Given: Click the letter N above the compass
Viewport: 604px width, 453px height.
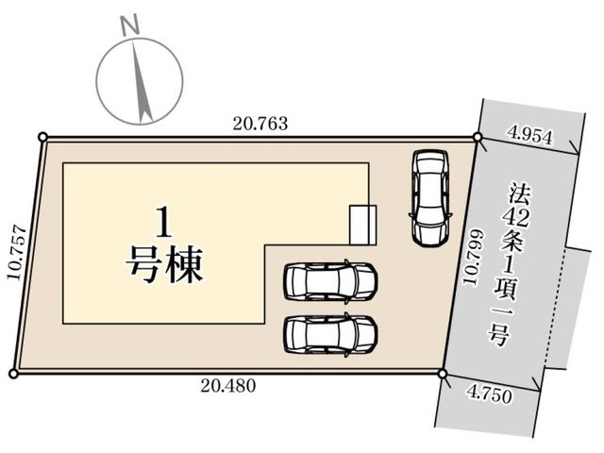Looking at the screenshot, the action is (130, 26).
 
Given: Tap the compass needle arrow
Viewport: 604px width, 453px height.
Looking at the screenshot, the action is (141, 82).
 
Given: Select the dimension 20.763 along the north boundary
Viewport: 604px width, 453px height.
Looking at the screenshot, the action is (260, 124).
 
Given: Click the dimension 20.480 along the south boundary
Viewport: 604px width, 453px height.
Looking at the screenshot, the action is (228, 386).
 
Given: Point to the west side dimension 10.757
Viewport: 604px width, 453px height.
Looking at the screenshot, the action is (17, 253).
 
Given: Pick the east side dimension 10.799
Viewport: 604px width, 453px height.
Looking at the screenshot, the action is (473, 258).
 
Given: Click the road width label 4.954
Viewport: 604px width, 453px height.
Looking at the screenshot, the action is (530, 136).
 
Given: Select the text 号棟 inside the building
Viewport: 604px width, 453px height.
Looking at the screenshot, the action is (164, 264).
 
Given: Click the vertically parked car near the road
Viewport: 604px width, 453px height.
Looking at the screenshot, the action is (430, 197).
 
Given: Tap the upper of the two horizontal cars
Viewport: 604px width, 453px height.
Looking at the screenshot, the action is (330, 281).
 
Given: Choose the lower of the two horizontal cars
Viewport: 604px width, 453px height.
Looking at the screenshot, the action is (330, 334).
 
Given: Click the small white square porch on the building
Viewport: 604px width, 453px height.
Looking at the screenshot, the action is (362, 225).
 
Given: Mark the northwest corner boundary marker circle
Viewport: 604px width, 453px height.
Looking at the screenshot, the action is (43, 137).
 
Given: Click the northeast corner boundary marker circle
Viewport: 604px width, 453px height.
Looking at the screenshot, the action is (478, 137).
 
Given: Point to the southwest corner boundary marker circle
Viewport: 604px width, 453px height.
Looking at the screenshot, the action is (13, 374).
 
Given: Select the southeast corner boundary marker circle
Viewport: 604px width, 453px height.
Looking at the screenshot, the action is (443, 374).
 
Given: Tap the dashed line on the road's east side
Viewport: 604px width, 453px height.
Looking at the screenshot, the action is (555, 308).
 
